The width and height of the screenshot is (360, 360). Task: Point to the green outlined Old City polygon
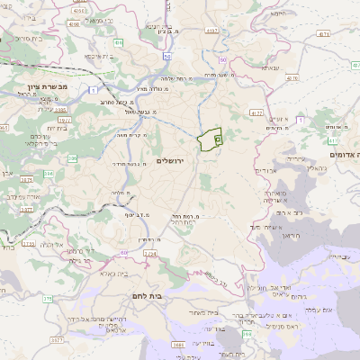tap(211, 139)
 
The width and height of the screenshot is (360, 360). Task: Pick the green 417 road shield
tap(334, 140)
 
